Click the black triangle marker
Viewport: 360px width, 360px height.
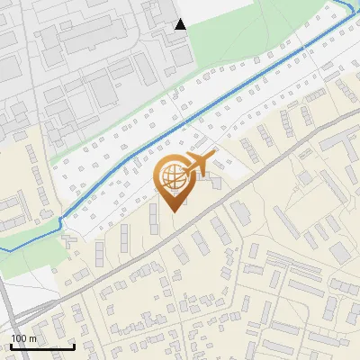(x=180, y=24)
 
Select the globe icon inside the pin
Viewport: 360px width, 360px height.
(x=172, y=175)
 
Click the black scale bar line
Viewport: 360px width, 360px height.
(x=42, y=346)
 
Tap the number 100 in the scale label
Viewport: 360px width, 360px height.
(x=19, y=338)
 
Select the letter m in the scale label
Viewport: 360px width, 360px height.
(x=32, y=338)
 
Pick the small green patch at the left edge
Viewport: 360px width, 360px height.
(x=22, y=261)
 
